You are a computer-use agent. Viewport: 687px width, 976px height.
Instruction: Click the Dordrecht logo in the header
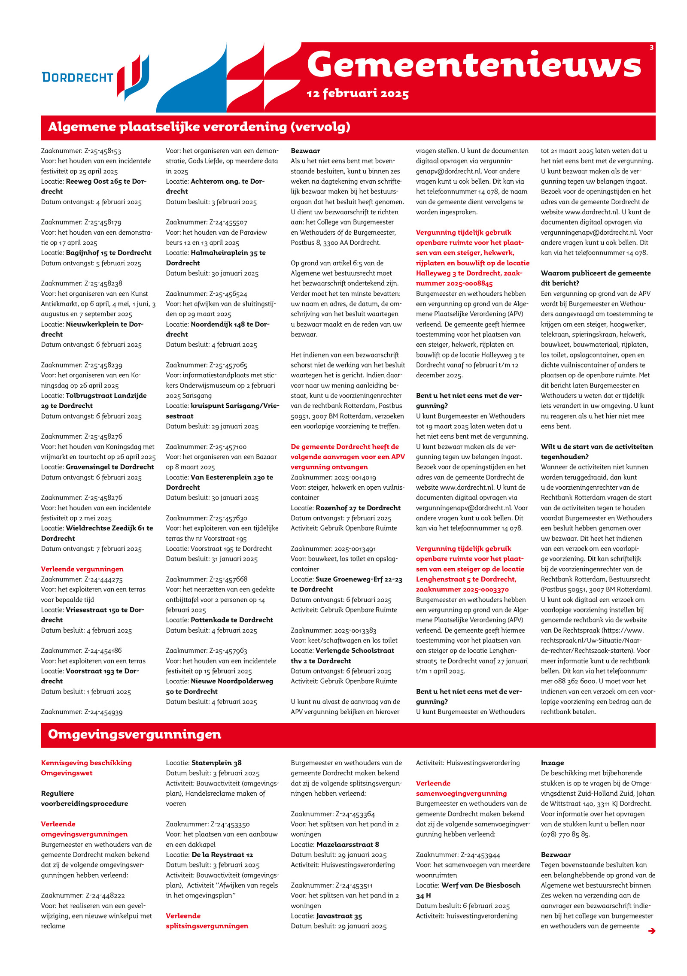pyautogui.click(x=95, y=77)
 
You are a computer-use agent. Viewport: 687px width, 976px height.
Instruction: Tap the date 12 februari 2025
pyautogui.click(x=357, y=94)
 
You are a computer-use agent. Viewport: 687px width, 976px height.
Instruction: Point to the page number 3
pyautogui.click(x=651, y=48)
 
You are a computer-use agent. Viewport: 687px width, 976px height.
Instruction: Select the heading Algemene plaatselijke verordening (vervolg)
pyautogui.click(x=199, y=127)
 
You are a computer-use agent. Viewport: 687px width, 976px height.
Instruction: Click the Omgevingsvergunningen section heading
pyautogui.click(x=134, y=734)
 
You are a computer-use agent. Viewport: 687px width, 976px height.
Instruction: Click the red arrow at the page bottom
pyautogui.click(x=651, y=931)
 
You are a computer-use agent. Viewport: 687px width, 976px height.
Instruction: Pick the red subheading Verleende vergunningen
pyautogui.click(x=82, y=569)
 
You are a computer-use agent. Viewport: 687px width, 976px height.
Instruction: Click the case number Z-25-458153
pyautogui.click(x=103, y=151)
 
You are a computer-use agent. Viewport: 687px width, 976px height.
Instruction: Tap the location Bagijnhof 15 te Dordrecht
pyautogui.click(x=108, y=253)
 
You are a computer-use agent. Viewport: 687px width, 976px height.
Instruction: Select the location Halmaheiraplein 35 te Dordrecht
pyautogui.click(x=216, y=258)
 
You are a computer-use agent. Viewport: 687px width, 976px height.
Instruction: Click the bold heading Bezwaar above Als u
pyautogui.click(x=305, y=151)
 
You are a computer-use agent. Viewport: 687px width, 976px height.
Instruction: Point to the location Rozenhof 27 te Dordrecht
pyautogui.click(x=358, y=508)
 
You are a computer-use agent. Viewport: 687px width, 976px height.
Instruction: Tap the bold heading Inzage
pyautogui.click(x=552, y=763)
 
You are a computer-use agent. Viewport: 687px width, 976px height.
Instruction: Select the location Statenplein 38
pyautogui.click(x=216, y=763)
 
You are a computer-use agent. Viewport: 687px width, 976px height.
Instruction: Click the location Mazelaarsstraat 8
pyautogui.click(x=347, y=844)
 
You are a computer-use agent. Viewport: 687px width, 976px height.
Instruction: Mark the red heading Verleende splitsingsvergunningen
pyautogui.click(x=207, y=921)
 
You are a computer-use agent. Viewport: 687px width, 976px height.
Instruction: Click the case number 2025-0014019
pyautogui.click(x=355, y=477)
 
